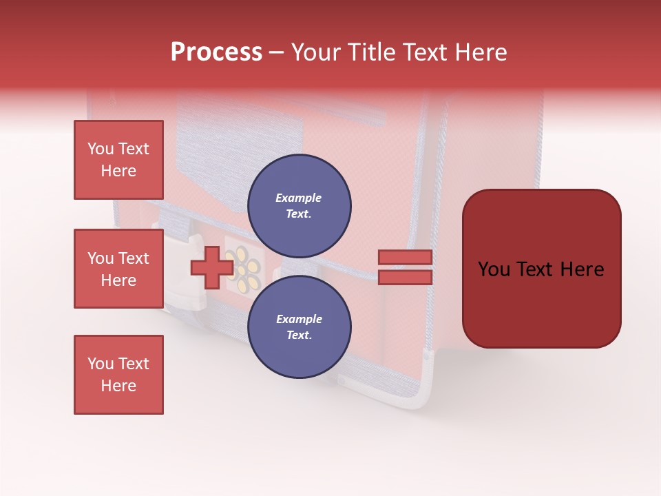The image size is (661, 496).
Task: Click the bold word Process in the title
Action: [216, 52]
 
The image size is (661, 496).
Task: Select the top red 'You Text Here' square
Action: [118, 160]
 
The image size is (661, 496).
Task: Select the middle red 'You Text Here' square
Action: [118, 269]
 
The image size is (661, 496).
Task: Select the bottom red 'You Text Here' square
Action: [118, 375]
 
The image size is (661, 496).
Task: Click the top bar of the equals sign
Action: [405, 257]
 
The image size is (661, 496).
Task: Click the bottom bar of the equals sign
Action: [405, 277]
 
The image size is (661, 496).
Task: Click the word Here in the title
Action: [482, 52]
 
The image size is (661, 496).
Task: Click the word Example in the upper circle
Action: [299, 198]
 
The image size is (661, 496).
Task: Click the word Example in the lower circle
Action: [299, 319]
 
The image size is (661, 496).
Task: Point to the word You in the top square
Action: [100, 149]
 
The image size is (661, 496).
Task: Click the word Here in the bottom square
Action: [118, 386]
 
